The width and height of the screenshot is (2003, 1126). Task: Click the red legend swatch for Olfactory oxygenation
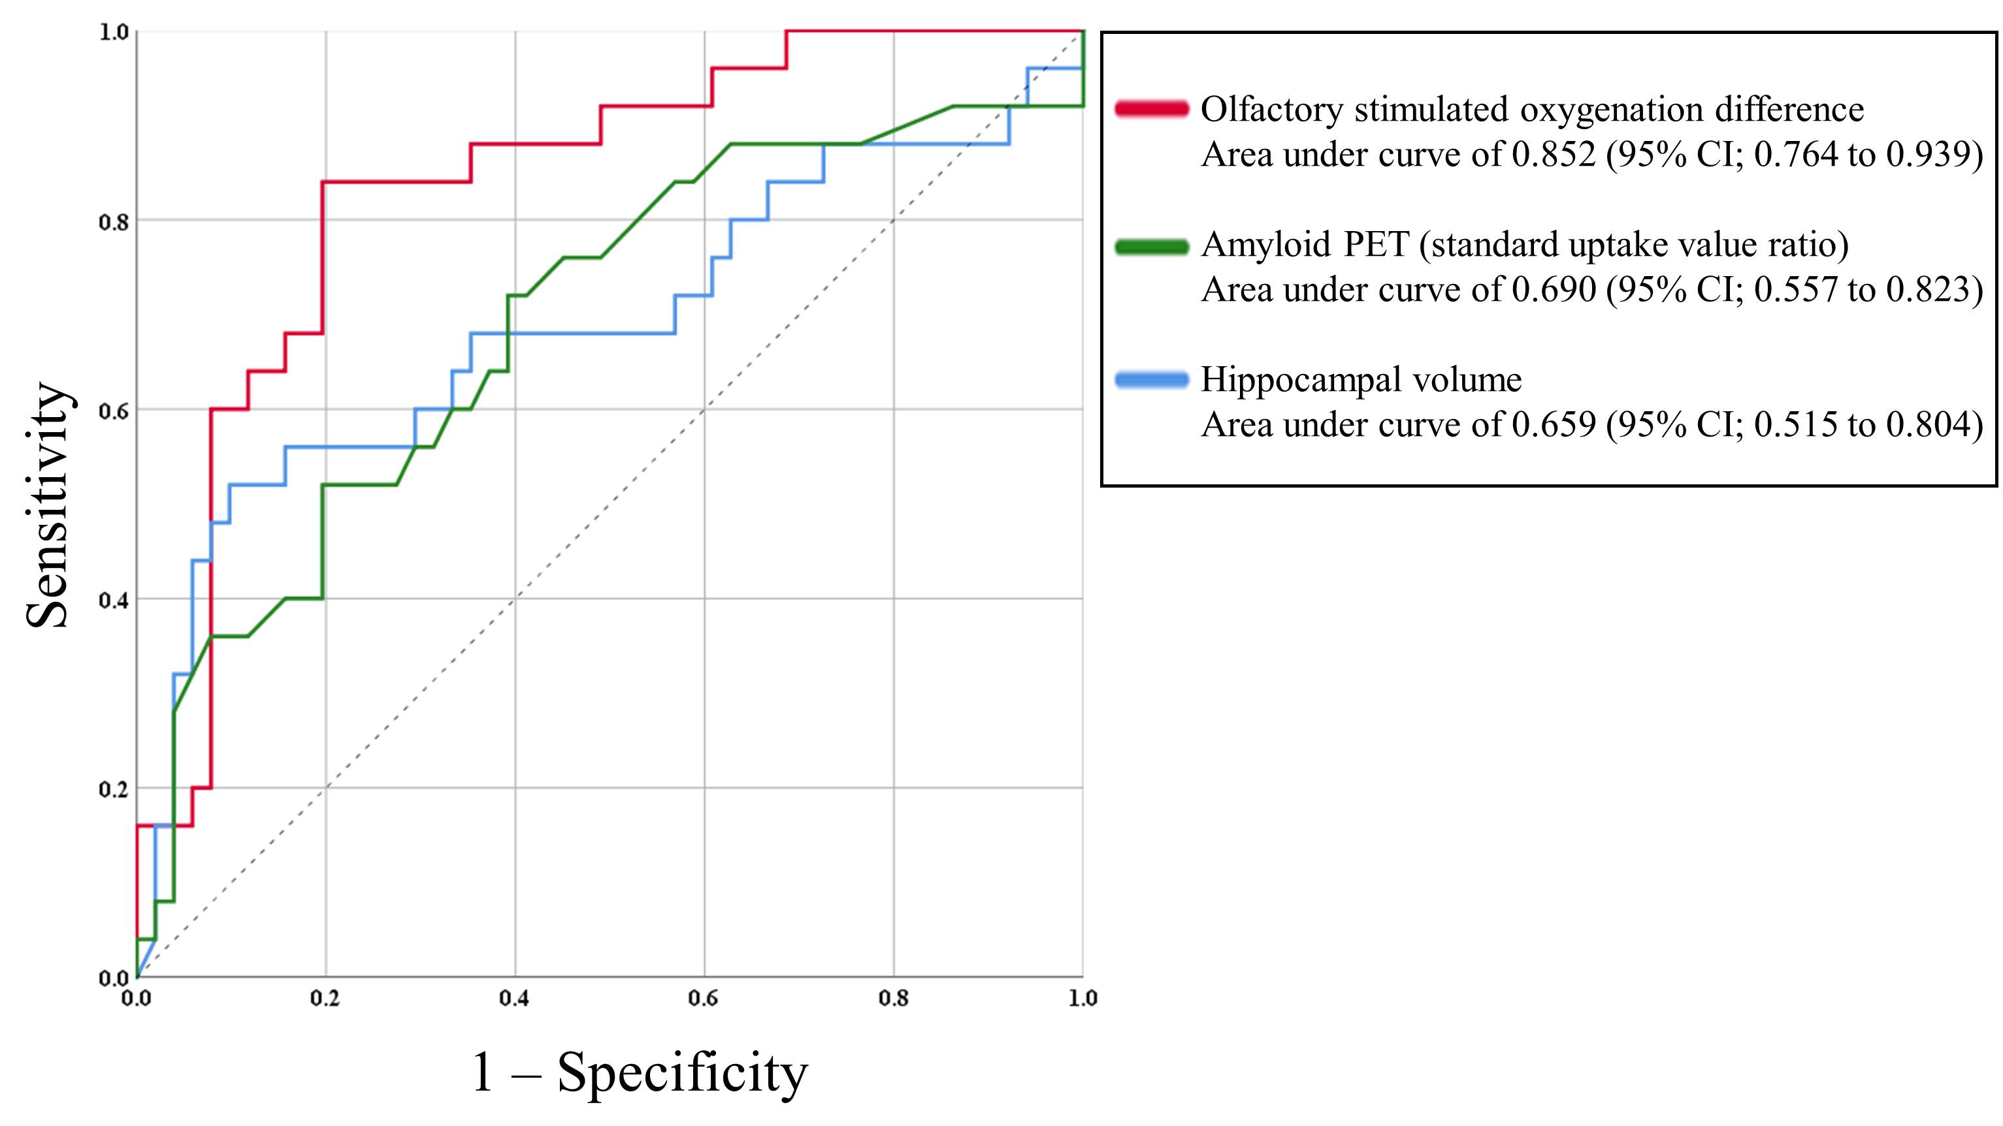(1152, 109)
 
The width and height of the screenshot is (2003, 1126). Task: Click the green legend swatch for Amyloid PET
(1152, 247)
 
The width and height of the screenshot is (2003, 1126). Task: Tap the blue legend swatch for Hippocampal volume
(1152, 380)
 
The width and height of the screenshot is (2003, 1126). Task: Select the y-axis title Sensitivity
(48, 505)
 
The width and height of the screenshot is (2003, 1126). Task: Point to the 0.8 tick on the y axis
(114, 221)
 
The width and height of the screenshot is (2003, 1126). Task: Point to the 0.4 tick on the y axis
(114, 600)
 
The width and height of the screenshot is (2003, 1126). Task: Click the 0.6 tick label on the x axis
(704, 999)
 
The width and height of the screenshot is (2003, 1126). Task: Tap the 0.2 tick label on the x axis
(325, 999)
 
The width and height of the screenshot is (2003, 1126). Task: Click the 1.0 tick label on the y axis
(114, 33)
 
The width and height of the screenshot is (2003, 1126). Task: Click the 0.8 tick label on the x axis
(894, 999)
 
